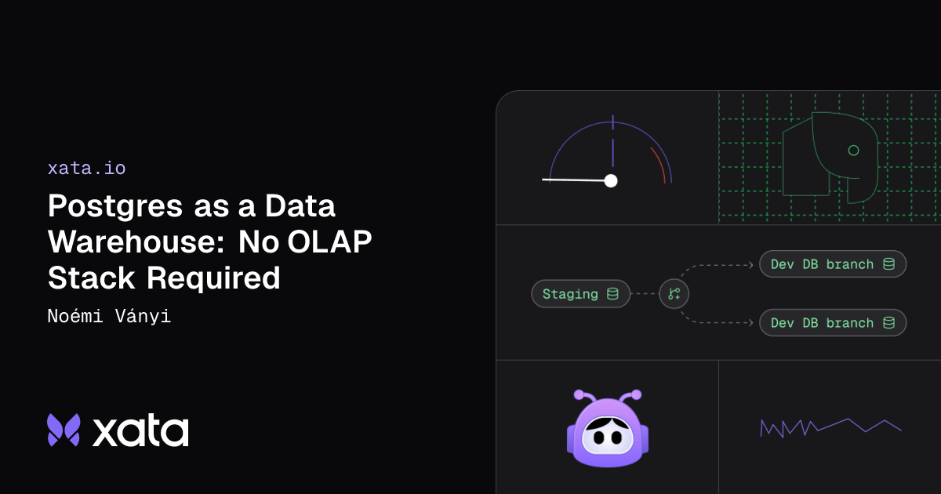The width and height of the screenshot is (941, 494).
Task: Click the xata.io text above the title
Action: [86, 168]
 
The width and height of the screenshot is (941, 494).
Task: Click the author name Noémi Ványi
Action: [109, 317]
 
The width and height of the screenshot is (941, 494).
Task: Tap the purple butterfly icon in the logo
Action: [64, 430]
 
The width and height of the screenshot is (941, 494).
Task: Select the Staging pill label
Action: [570, 294]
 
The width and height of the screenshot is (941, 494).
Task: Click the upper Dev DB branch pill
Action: [832, 264]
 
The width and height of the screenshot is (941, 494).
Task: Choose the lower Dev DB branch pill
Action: [832, 323]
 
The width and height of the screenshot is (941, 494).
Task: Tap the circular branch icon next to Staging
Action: [674, 294]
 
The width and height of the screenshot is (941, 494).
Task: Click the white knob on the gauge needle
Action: [611, 180]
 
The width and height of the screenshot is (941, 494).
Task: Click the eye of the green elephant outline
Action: [853, 150]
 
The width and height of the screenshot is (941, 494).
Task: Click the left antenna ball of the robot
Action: [579, 394]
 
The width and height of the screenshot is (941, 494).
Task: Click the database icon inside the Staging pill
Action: [612, 294]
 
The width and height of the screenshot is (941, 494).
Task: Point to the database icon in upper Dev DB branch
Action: [888, 264]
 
